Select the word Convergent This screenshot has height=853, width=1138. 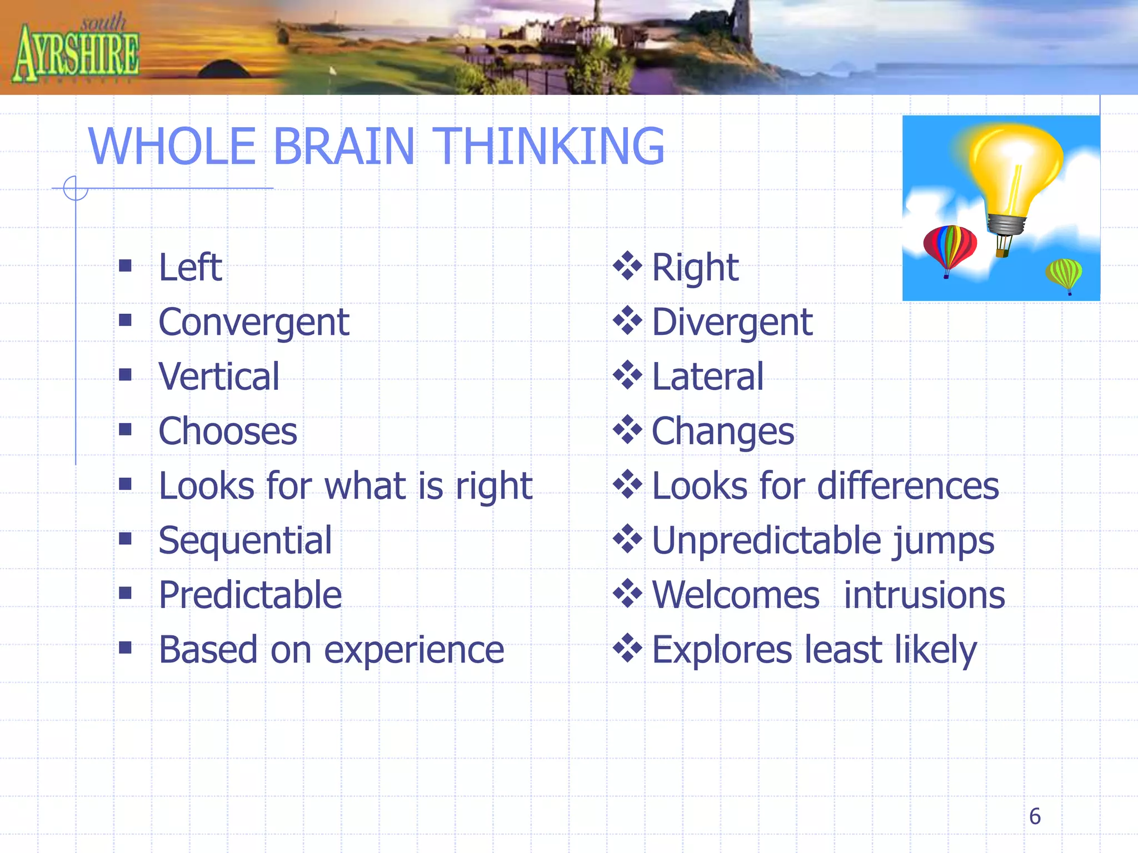(253, 323)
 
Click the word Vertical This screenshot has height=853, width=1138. (218, 377)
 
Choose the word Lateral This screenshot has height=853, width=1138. (707, 377)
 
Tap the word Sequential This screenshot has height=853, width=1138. (245, 541)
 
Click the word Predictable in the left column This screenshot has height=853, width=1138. (250, 595)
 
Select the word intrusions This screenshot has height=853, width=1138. (924, 595)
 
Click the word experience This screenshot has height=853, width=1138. (414, 650)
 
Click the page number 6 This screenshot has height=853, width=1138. (1034, 816)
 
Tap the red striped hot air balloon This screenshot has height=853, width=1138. (949, 247)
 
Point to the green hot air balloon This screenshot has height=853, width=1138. (1064, 274)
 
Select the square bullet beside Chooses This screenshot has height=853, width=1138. (125, 430)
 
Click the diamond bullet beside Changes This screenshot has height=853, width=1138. (627, 430)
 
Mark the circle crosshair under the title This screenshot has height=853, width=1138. (76, 188)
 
